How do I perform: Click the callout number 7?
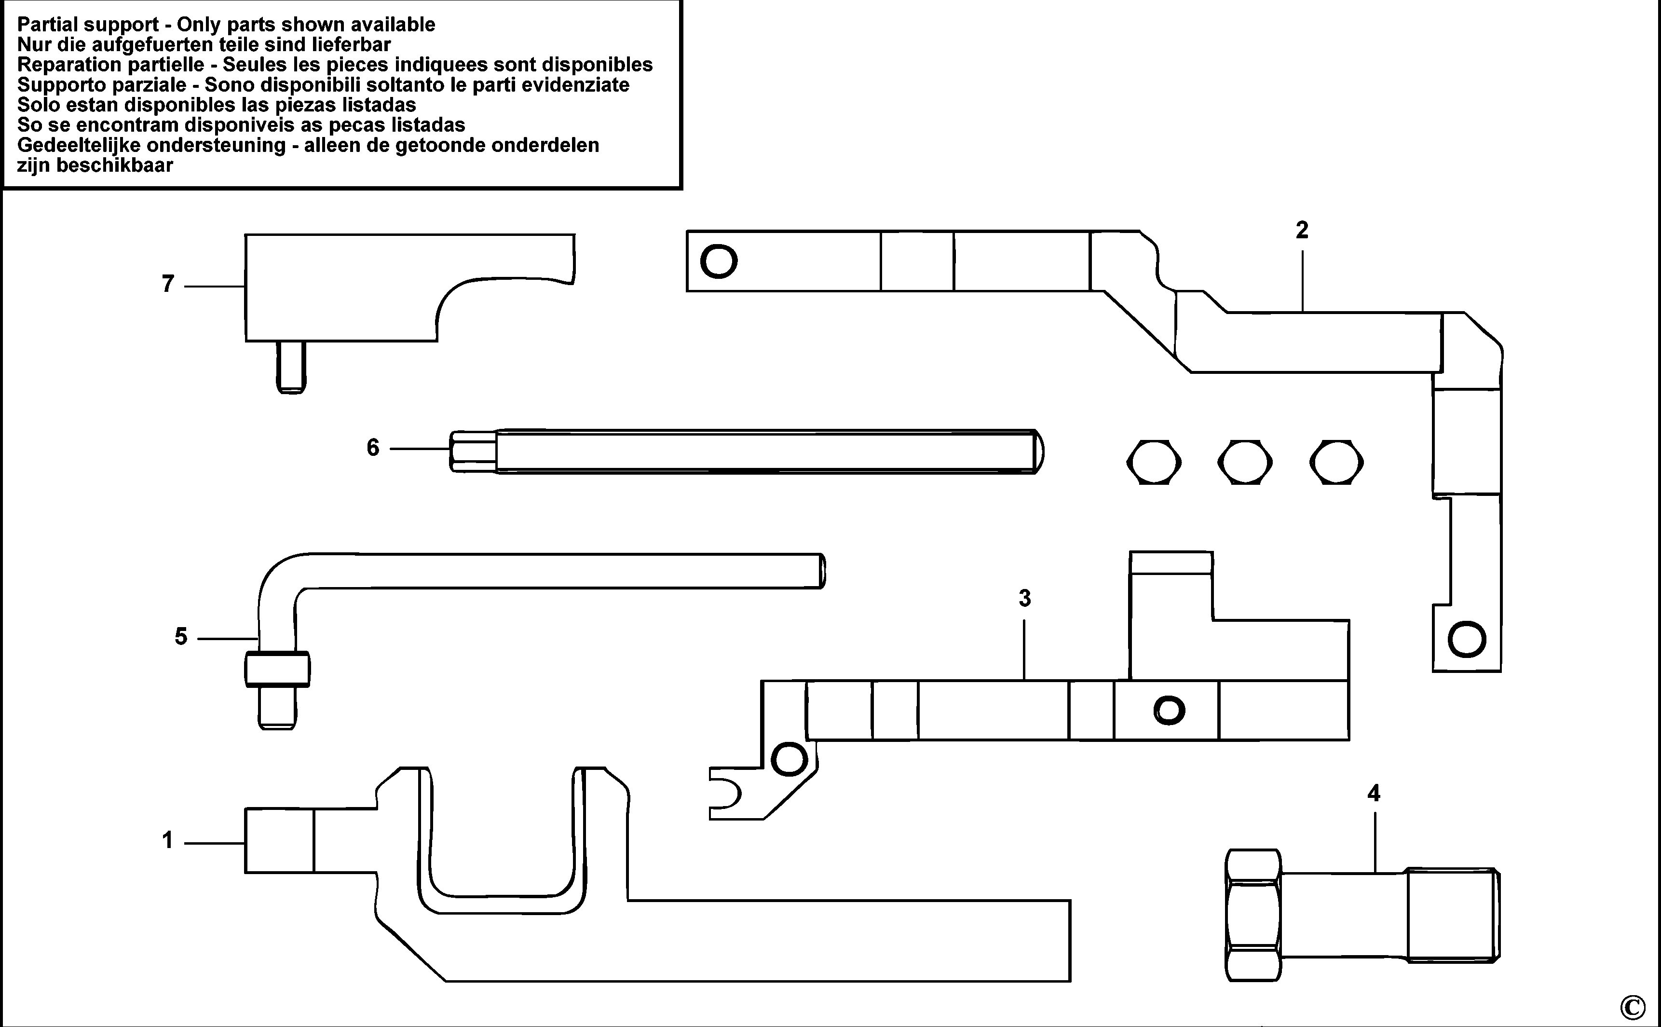(168, 283)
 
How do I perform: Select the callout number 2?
(1301, 230)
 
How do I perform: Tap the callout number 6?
(373, 448)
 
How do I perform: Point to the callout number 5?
(181, 636)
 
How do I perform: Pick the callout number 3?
(1025, 599)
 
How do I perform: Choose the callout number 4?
(1374, 794)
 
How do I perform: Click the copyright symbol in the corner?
(1633, 1006)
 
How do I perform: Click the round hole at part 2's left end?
(719, 261)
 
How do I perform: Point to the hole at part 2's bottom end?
(1467, 639)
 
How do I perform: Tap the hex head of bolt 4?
(1253, 915)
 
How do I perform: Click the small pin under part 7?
(291, 367)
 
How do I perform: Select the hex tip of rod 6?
(473, 451)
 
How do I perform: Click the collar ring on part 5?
(277, 670)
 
